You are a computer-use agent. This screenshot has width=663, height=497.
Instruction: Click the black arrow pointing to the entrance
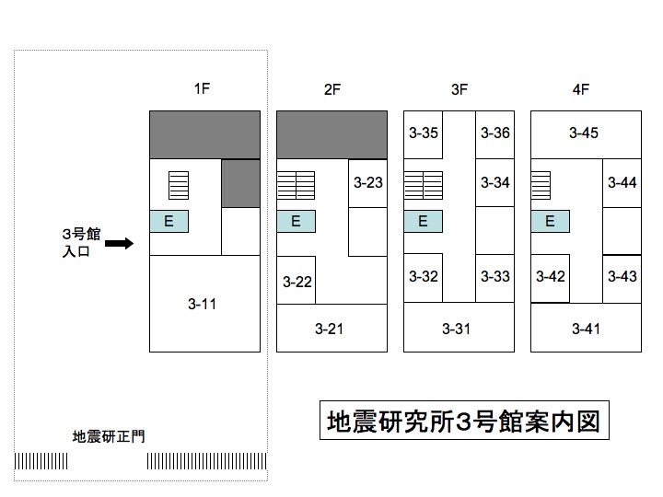pos(119,243)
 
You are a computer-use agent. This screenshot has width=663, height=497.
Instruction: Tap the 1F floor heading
pos(202,88)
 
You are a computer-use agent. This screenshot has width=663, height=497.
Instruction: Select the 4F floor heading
pos(581,89)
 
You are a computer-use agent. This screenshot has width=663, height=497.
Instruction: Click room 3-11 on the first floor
pos(204,304)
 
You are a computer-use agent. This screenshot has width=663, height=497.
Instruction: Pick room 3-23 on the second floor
pos(367,183)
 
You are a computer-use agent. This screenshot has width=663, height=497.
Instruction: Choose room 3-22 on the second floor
pos(296,280)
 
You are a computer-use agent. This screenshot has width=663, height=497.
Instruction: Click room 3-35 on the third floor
pos(424,134)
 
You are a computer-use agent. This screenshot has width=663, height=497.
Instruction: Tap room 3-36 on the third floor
pos(495,134)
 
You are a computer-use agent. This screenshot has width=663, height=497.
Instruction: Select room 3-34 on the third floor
pos(495,182)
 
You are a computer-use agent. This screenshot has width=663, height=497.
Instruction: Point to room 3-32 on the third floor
pos(424,278)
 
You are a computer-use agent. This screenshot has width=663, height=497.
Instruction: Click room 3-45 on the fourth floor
pos(586,134)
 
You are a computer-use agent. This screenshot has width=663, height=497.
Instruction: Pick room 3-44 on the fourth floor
pos(622,183)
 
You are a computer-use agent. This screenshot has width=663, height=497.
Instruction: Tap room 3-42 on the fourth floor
pos(550,279)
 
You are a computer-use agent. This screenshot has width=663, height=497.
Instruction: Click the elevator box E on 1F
pos(169,221)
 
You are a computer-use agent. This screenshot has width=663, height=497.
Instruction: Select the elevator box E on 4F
pos(550,221)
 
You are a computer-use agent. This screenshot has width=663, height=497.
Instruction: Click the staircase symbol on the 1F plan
pos(179,185)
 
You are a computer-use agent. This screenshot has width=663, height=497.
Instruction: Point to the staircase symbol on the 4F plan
pos(541,185)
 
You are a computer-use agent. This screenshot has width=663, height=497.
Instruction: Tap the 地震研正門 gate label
pos(109,436)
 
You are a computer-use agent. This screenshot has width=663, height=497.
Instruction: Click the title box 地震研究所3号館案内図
pos(464,421)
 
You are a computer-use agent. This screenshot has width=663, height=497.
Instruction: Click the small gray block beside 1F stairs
pos(240,183)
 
